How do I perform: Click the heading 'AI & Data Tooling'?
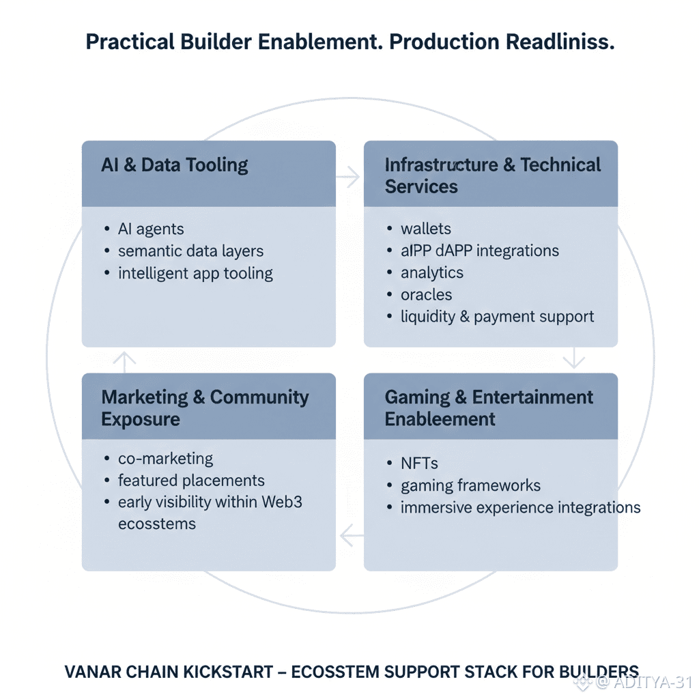coord(175,165)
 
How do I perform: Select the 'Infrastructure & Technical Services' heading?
coord(492,175)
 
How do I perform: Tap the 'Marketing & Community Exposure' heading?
coord(205,408)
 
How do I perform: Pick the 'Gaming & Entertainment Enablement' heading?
coord(489,408)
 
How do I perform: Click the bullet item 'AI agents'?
coord(151,229)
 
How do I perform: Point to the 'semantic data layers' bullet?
coord(190,251)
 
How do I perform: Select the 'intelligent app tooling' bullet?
coord(195,274)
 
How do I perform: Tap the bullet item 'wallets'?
coord(426,229)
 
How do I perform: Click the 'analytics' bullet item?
coord(432,273)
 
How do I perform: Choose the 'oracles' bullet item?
coord(427,295)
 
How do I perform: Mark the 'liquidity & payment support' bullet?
coord(497,317)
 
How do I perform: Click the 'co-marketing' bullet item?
coord(165,459)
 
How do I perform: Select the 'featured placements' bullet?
coord(191,481)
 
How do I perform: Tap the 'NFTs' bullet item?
coord(419,463)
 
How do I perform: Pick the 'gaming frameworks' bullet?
coord(470,486)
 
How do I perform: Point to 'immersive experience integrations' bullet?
coord(520,508)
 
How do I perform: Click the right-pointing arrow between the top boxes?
coord(349,177)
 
